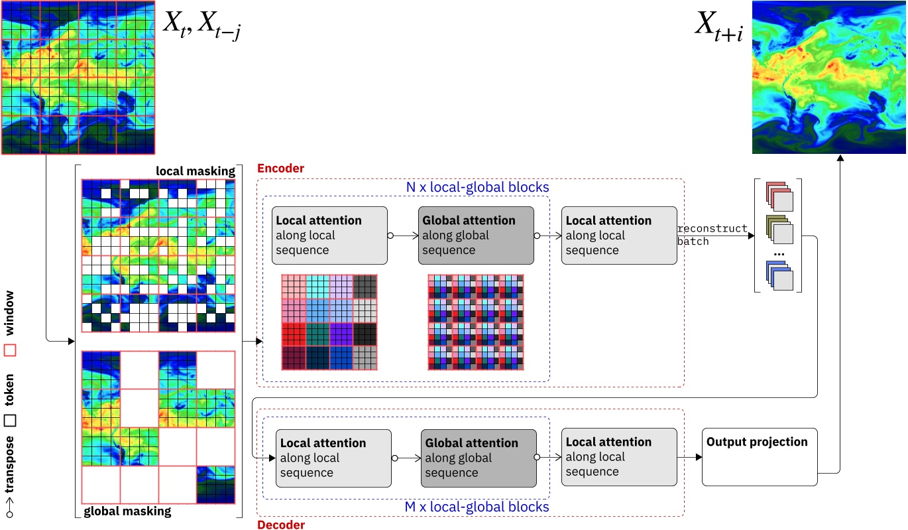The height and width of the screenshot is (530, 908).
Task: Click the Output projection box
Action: (x=759, y=457)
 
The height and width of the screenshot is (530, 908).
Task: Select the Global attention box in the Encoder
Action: (x=476, y=235)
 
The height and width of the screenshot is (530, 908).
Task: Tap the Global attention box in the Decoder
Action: (x=479, y=458)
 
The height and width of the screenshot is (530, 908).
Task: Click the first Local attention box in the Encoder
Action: (x=329, y=235)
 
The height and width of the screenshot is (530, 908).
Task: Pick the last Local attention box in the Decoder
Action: (x=619, y=457)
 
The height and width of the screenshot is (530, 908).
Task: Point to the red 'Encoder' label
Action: (x=280, y=169)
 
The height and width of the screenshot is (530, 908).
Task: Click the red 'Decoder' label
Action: (x=280, y=525)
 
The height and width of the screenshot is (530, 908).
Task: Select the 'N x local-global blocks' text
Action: (x=477, y=188)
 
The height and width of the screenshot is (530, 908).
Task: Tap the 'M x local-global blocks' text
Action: (x=477, y=507)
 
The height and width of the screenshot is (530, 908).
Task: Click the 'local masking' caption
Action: (x=196, y=171)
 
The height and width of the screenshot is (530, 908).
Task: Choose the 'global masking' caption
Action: (x=127, y=511)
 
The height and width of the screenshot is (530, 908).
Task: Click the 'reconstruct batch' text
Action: (x=712, y=235)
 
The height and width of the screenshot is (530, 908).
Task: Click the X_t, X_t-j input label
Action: (x=201, y=27)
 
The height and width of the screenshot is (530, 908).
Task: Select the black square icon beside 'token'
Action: (x=10, y=420)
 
